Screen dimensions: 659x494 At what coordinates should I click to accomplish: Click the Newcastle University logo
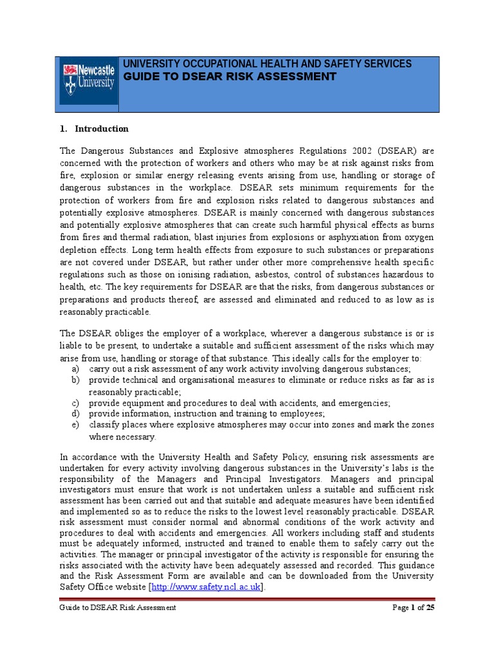click(87, 80)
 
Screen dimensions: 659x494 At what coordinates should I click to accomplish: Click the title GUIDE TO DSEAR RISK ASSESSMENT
click(230, 77)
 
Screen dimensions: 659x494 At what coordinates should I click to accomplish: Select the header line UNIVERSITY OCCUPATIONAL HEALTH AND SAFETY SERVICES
click(267, 64)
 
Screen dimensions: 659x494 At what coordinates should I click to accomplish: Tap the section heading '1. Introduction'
click(94, 129)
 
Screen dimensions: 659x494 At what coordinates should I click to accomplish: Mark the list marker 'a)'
click(75, 369)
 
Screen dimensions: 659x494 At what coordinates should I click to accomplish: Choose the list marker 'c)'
click(75, 403)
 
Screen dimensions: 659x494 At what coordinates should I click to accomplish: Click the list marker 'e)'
click(75, 425)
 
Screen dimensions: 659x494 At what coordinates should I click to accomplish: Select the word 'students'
click(416, 533)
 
